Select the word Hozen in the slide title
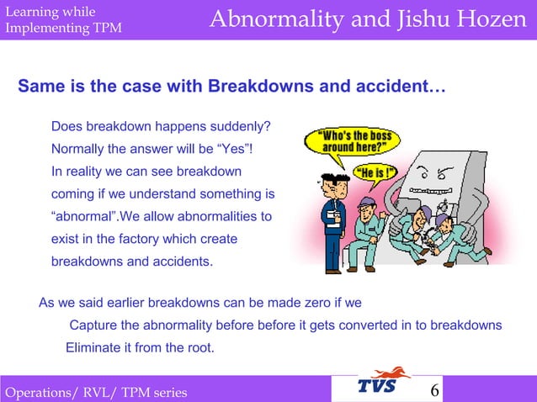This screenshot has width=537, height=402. pyautogui.click(x=492, y=19)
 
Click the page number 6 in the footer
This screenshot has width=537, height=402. pyautogui.click(x=435, y=390)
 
